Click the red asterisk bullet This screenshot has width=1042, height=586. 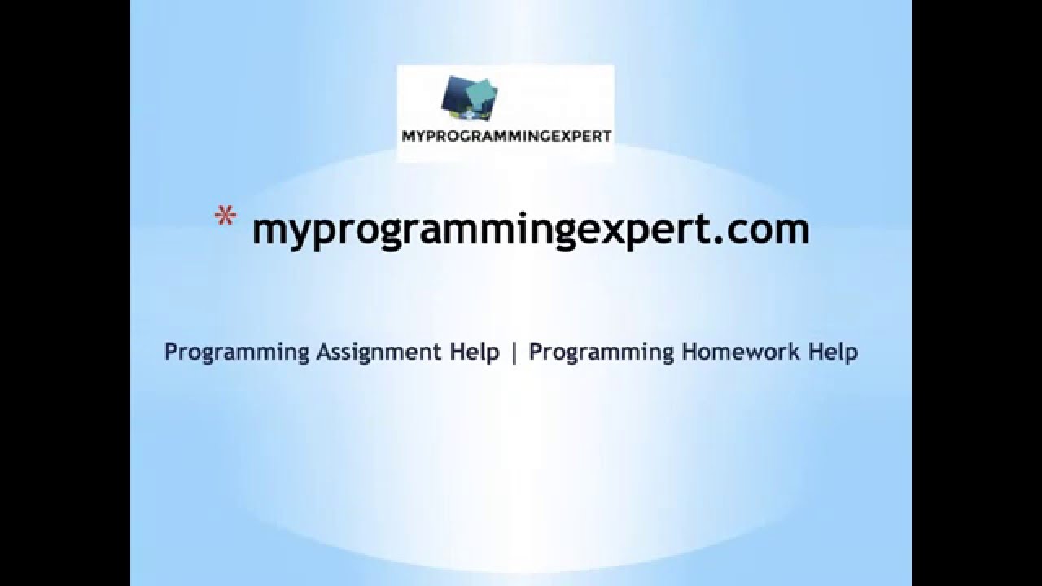(x=224, y=217)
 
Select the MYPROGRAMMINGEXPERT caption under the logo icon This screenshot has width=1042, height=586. (x=506, y=136)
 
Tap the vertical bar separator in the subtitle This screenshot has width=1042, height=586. (x=514, y=353)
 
